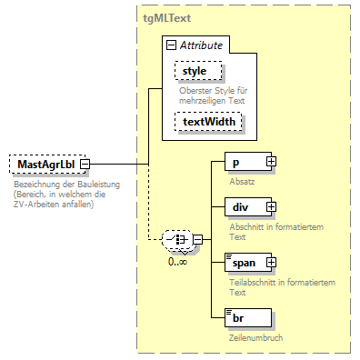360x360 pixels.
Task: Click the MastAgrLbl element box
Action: coord(47,164)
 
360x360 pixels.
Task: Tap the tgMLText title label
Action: coord(165,17)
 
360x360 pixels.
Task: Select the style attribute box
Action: coord(195,69)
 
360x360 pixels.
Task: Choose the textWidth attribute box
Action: coord(209,122)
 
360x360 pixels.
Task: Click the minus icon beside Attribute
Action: coord(170,45)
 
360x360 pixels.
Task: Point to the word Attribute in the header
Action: coord(204,45)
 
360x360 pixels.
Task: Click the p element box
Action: coord(245,161)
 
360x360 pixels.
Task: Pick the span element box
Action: coord(245,263)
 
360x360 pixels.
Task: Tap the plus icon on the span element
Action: coord(270,263)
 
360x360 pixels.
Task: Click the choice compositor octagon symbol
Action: coord(175,239)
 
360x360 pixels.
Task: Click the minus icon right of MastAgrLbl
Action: coord(95,164)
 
